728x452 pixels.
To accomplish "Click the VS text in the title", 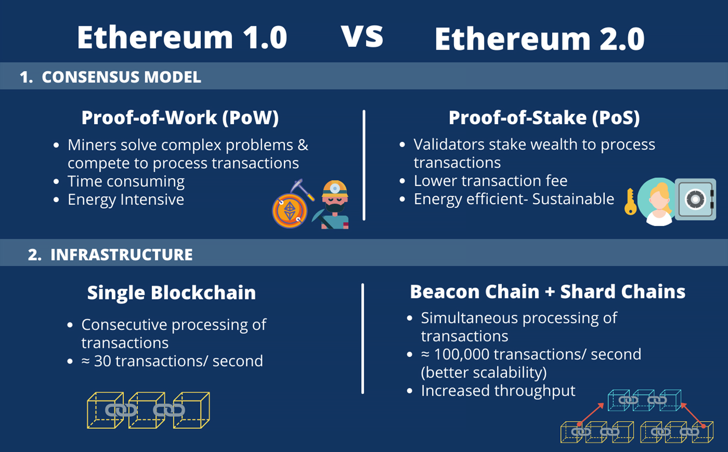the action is point(362,36).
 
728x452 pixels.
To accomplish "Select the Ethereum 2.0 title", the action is point(540,39).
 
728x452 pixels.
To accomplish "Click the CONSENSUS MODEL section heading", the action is point(121,77).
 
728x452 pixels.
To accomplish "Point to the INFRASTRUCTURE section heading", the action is point(121,254).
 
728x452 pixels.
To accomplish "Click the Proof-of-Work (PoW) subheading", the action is point(180,117).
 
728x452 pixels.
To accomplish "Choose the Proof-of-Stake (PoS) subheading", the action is point(544,117).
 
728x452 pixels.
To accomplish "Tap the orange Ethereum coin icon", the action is point(289,211).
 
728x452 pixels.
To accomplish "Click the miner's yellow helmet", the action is point(335,189).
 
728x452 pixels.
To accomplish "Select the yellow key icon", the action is point(631,201).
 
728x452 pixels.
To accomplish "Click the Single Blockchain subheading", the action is point(171,292).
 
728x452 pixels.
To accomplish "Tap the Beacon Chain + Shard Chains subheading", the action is point(548,291).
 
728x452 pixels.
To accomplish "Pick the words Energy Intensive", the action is point(126,199).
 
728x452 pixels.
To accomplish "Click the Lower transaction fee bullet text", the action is point(490,181).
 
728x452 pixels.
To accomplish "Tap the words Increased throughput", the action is point(498,391).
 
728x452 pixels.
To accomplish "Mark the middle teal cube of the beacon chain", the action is point(644,400).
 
